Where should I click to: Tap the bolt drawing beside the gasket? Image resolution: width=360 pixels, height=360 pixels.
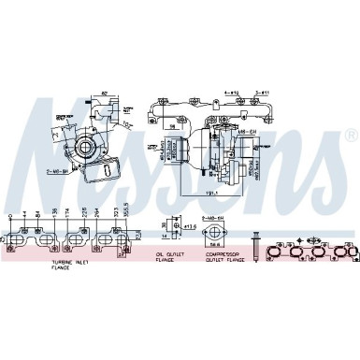point(255,248)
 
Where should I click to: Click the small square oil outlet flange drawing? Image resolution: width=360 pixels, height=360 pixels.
point(172,227)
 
